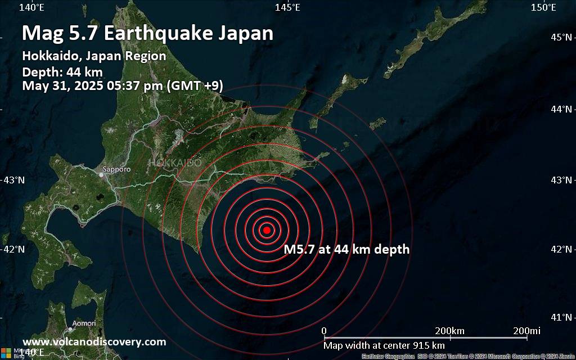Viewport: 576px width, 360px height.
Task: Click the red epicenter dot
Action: tap(267, 229)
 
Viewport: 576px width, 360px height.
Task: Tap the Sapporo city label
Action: tap(116, 169)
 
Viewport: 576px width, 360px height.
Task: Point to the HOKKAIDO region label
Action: tap(175, 163)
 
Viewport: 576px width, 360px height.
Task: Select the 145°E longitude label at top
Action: tap(287, 7)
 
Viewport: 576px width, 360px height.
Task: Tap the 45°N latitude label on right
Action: tap(561, 37)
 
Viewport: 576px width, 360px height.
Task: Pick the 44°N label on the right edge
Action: tap(561, 109)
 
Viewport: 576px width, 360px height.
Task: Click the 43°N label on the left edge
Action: tap(13, 180)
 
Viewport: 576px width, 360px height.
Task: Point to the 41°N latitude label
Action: tap(561, 317)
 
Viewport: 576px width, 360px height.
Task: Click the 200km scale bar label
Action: tap(449, 330)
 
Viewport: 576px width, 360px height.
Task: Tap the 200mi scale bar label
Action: tap(526, 330)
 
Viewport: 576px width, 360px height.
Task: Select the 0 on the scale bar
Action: tap(324, 330)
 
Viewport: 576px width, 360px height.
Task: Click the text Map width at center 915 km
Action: tap(384, 345)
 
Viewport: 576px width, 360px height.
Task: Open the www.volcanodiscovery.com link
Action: tap(94, 341)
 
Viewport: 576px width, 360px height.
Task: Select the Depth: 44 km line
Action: tap(62, 72)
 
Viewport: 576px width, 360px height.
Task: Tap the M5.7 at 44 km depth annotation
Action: tap(346, 249)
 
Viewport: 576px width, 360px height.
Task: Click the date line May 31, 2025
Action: tap(122, 86)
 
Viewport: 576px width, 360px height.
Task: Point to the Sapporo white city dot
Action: tap(101, 174)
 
